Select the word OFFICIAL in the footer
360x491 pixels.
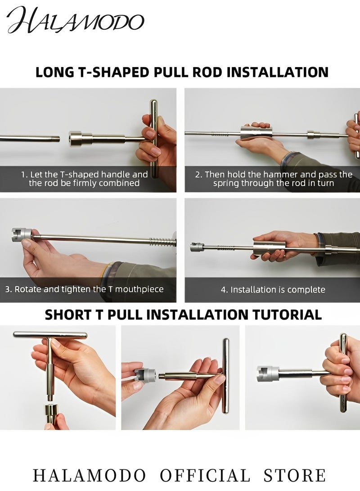tap(205, 475)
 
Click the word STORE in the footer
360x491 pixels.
tap(295, 475)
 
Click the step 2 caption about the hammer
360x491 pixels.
tap(274, 179)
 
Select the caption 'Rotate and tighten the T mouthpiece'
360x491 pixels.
tap(84, 289)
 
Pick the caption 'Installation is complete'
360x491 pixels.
tap(273, 289)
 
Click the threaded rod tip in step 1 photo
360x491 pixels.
tap(56, 138)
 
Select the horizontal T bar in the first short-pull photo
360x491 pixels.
tap(50, 335)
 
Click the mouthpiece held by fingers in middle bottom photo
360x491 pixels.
tap(145, 374)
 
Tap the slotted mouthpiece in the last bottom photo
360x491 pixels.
tap(267, 373)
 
